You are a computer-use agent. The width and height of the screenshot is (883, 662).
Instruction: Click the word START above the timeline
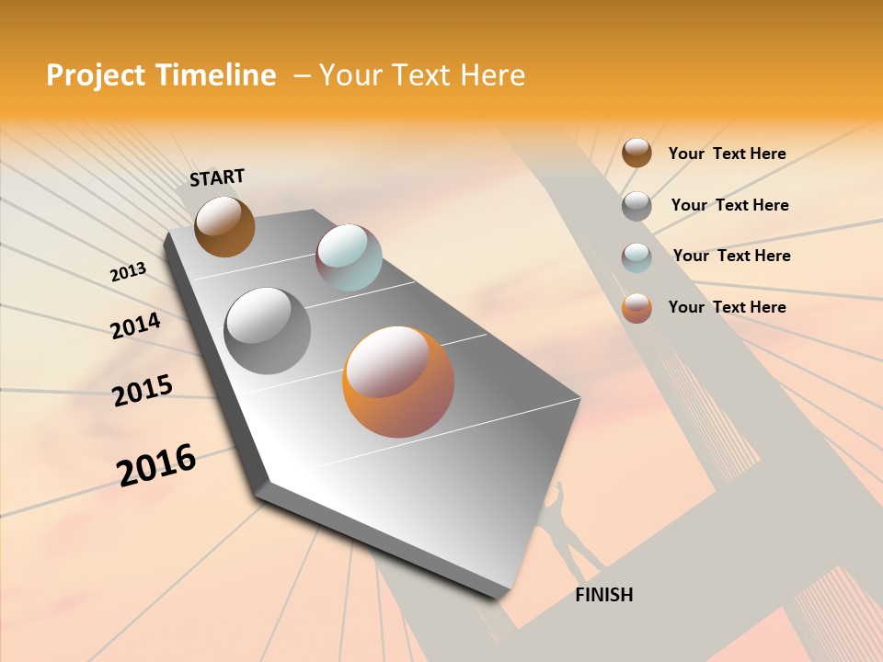(x=217, y=177)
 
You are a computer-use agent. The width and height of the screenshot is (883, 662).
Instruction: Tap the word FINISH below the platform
(x=603, y=595)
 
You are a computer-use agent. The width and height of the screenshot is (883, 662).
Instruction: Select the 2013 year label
(x=128, y=271)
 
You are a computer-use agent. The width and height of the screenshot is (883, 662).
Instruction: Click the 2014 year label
(x=135, y=326)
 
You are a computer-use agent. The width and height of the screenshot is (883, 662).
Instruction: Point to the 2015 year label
(x=143, y=391)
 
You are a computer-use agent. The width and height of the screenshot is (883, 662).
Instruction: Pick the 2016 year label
(x=156, y=464)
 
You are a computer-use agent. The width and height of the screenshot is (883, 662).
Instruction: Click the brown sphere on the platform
(x=224, y=226)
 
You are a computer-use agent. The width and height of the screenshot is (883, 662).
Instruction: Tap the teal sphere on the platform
(x=349, y=257)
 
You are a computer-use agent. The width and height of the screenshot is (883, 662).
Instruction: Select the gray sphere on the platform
(x=268, y=330)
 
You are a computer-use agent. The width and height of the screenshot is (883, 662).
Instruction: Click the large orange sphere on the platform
(x=398, y=382)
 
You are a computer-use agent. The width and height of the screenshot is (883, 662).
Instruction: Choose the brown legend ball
(x=636, y=153)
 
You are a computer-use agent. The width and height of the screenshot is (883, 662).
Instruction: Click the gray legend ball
(x=636, y=206)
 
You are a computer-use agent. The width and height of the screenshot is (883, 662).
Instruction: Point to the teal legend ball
(x=636, y=257)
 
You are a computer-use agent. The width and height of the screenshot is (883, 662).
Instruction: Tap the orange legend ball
(x=636, y=308)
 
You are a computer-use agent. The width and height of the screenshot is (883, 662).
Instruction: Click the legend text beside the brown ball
(x=727, y=154)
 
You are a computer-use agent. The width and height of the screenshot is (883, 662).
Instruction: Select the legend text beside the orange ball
(x=727, y=307)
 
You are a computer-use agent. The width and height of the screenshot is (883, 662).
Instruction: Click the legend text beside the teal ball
(x=731, y=256)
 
